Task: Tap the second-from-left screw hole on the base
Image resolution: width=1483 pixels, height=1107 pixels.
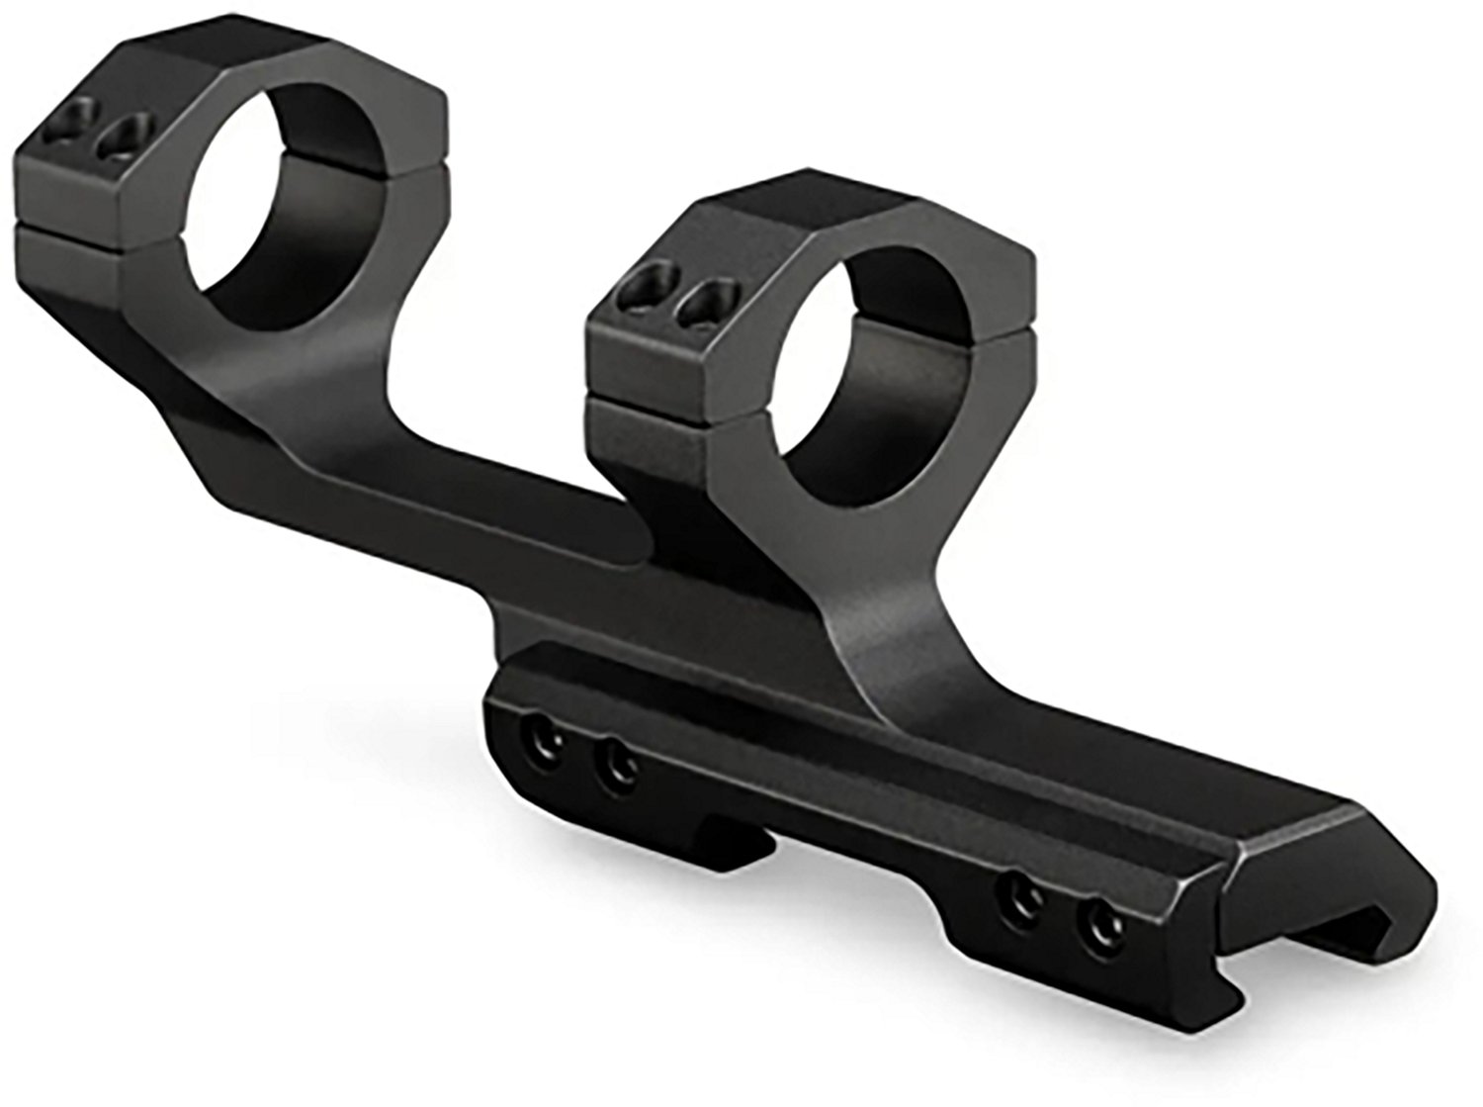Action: click(619, 762)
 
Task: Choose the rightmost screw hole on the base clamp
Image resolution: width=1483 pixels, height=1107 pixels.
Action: click(1096, 906)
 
